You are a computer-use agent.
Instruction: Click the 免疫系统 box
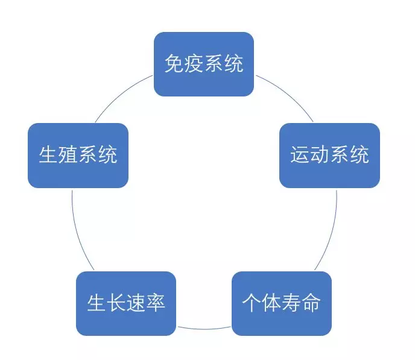pyautogui.click(x=204, y=64)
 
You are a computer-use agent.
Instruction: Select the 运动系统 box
pyautogui.click(x=329, y=155)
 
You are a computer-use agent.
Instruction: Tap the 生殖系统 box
pyautogui.click(x=78, y=155)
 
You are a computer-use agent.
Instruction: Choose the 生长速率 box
pyautogui.click(x=126, y=303)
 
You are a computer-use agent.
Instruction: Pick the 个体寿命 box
pyautogui.click(x=282, y=303)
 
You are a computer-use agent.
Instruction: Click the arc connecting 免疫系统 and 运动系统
pyautogui.click(x=288, y=94)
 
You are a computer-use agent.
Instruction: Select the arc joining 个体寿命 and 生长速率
pyautogui.click(x=204, y=329)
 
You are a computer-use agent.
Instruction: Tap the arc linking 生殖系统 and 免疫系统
pyautogui.click(x=121, y=93)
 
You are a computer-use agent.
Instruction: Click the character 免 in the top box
pyautogui.click(x=174, y=63)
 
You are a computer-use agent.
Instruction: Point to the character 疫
pyautogui.click(x=194, y=63)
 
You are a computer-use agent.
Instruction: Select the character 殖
pyautogui.click(x=68, y=154)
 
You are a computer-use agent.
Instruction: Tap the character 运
pyautogui.click(x=300, y=154)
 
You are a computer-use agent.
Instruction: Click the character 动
pyautogui.click(x=320, y=154)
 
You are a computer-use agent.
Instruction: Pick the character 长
pyautogui.click(x=116, y=303)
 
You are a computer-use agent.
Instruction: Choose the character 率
pyautogui.click(x=156, y=303)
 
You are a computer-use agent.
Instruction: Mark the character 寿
pyautogui.click(x=291, y=303)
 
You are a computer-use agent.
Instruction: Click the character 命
pyautogui.click(x=311, y=303)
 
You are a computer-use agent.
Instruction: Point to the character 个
pyautogui.click(x=252, y=303)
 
